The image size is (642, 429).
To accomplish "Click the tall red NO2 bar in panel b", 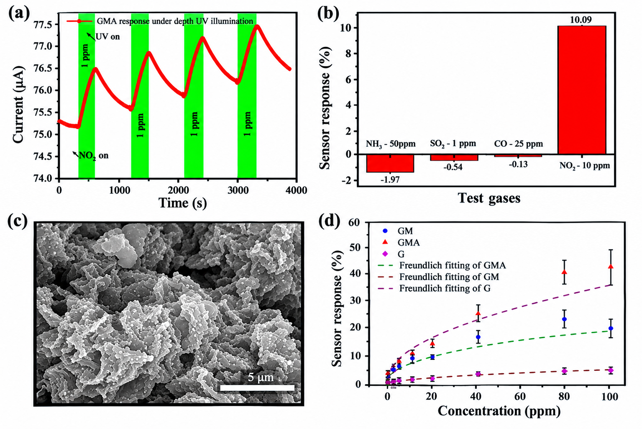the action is [x=581, y=90].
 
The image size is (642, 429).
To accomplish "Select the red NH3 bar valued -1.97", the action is [x=390, y=163].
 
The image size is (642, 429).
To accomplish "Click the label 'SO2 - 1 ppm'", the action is [x=453, y=144].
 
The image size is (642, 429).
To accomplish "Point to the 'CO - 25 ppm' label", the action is [x=519, y=144].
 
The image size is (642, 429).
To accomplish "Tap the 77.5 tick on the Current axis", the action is [x=43, y=25].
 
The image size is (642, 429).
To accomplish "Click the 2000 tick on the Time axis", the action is [x=179, y=190].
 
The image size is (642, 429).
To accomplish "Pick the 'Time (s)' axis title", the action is [x=183, y=203].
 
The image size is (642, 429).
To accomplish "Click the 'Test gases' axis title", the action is [x=489, y=198].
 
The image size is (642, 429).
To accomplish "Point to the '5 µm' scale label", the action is [x=261, y=377].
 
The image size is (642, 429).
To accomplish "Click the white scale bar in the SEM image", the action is [x=257, y=388].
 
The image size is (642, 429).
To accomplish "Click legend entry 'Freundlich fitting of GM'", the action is [x=441, y=277].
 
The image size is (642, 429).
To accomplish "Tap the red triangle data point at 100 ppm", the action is [x=611, y=267].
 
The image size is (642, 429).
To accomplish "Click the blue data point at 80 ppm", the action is [x=564, y=319].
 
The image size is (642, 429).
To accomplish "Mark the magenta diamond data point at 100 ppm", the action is [x=611, y=370].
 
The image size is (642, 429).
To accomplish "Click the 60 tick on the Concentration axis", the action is [x=520, y=397].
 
